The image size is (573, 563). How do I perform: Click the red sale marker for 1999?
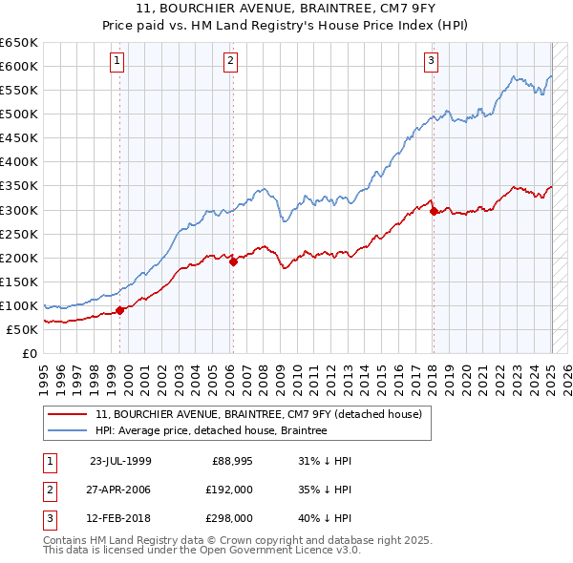(x=120, y=310)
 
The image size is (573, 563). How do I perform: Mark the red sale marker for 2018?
(x=434, y=211)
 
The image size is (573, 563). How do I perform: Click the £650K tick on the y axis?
(x=20, y=43)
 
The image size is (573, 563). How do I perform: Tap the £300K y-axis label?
(x=20, y=210)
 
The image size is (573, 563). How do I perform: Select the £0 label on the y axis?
(x=31, y=353)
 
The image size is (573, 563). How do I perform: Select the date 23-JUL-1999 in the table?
(x=120, y=460)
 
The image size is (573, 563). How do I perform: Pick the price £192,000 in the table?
(x=229, y=490)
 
